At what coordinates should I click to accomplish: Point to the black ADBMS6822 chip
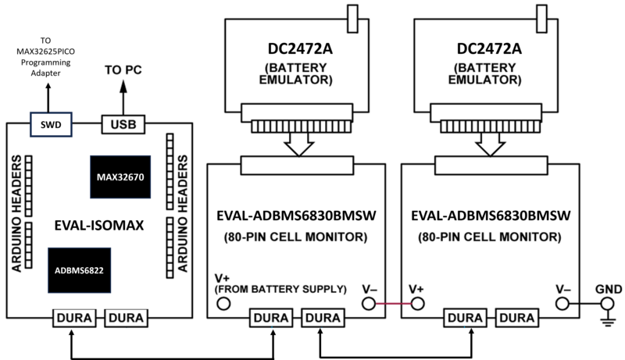point(78,270)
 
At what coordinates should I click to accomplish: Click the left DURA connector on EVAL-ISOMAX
point(75,318)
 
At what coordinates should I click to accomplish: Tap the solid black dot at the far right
point(606,303)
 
